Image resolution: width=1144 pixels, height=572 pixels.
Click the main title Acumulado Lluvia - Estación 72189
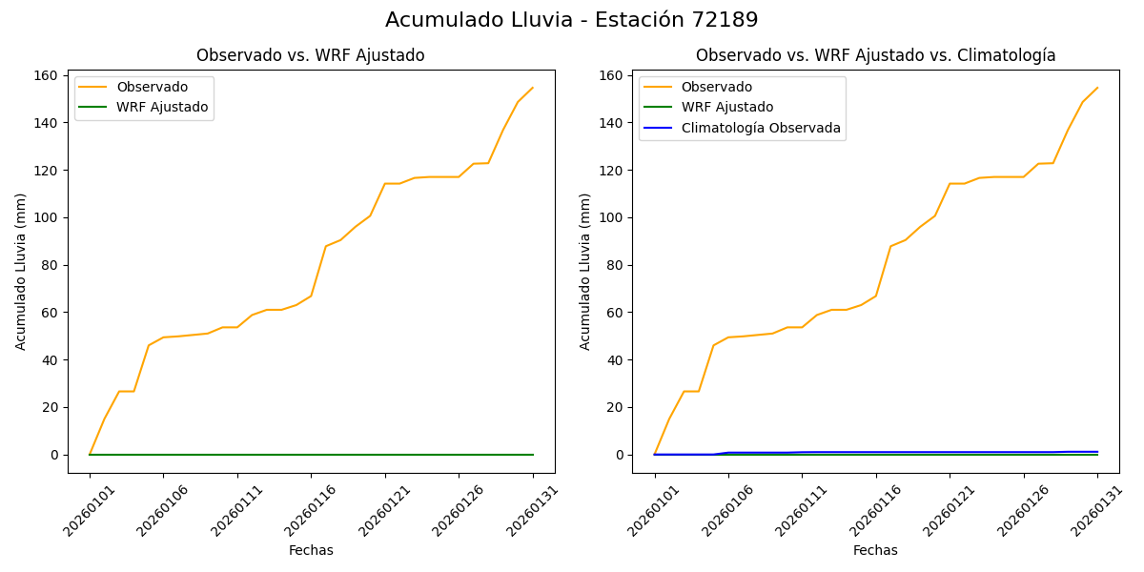[x=572, y=20]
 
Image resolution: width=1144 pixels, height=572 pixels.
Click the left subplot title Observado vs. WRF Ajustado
[x=311, y=55]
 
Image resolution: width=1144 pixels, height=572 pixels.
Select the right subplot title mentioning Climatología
[x=875, y=55]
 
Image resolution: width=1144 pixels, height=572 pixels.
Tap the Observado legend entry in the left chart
[x=152, y=88]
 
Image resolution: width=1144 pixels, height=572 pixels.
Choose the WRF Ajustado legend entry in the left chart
[x=162, y=107]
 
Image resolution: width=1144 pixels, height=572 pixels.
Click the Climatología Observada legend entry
[x=761, y=128]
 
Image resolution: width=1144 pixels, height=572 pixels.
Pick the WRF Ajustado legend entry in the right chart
[x=726, y=107]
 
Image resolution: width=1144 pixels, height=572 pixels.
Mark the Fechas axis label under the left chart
[x=311, y=550]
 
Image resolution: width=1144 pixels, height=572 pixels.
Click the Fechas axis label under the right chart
[x=875, y=550]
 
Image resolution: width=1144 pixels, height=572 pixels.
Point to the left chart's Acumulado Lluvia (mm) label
[x=21, y=272]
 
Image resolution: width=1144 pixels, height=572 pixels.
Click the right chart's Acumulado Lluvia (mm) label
[x=585, y=272]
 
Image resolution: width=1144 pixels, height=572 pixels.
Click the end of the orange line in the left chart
[x=533, y=88]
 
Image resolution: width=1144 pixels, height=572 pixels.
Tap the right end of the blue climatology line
[x=1097, y=452]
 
